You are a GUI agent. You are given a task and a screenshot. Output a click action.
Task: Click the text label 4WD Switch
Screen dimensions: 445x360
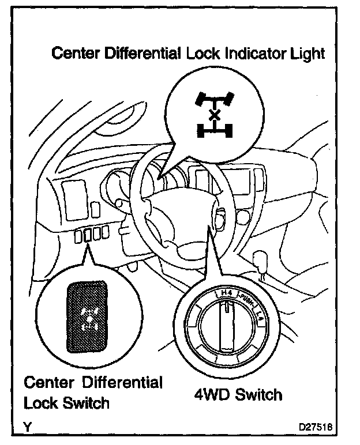(237, 395)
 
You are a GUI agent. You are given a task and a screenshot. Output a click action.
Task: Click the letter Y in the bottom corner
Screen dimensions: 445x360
(27, 427)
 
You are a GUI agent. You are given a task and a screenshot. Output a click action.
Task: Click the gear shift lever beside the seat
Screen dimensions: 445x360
(263, 262)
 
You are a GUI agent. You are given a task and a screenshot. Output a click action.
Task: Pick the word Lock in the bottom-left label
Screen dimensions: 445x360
(40, 403)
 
